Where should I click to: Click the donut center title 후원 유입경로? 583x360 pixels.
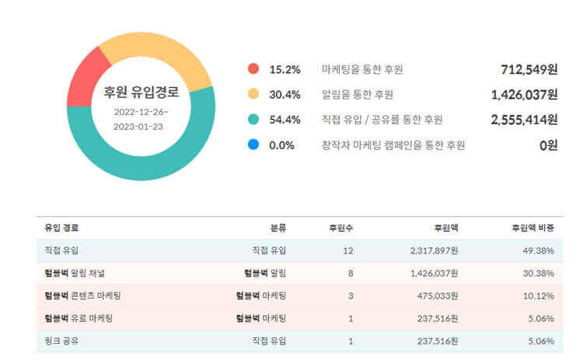click(141, 93)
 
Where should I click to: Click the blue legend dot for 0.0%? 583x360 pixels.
click(253, 145)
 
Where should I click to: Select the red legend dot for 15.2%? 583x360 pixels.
click(253, 69)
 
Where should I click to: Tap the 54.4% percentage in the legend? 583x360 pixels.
click(285, 120)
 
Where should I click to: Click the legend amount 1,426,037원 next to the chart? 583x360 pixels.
click(524, 95)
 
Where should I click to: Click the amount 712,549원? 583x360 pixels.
click(529, 69)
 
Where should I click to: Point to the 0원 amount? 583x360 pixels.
click(549, 145)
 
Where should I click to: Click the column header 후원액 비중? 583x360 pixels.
click(532, 228)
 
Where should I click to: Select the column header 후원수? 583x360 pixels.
click(341, 228)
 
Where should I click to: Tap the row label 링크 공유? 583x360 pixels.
click(62, 341)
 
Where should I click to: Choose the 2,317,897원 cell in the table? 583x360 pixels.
click(434, 250)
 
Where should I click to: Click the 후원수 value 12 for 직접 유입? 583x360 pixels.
click(348, 250)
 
